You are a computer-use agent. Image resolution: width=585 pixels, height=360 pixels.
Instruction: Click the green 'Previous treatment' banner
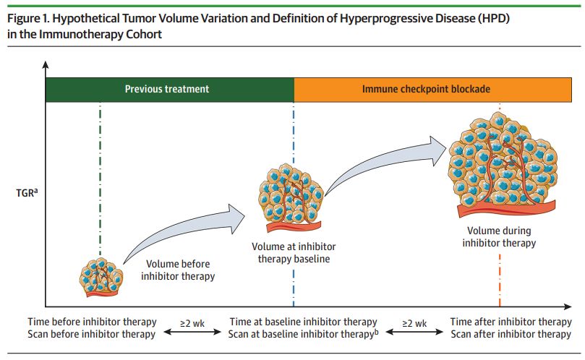coord(167,89)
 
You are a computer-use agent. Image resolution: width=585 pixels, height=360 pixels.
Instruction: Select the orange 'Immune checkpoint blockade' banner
coord(426,89)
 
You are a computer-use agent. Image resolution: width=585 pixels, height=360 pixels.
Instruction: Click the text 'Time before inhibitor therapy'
coord(92,322)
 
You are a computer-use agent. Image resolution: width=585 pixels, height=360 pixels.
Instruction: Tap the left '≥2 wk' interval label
coord(192,322)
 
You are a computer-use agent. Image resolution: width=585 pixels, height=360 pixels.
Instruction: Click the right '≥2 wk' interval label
coord(414,322)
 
